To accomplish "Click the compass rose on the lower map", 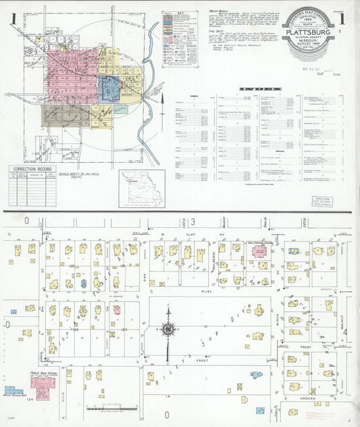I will click(x=168, y=330).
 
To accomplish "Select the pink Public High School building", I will click(x=43, y=386).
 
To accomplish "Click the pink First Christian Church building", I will click(x=259, y=251).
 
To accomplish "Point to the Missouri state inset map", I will click(x=142, y=188).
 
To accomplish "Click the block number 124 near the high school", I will click(x=28, y=400).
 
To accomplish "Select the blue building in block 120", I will click(x=83, y=284).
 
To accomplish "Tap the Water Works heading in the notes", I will click(x=219, y=12).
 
